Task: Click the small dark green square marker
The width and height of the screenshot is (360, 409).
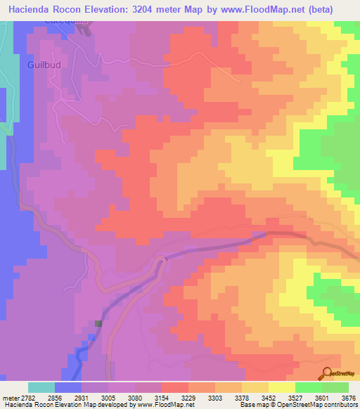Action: point(98,324)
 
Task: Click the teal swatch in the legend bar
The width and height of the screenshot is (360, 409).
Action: point(41,387)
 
